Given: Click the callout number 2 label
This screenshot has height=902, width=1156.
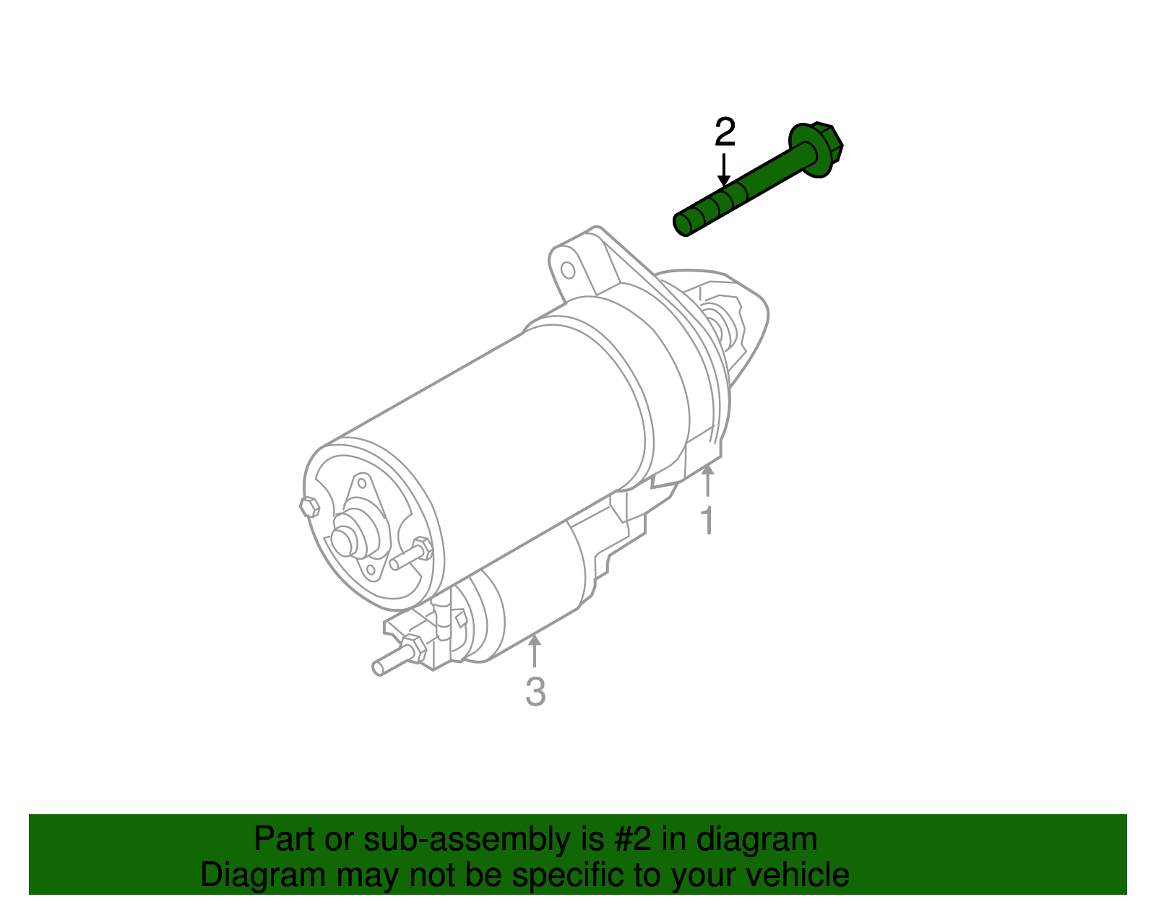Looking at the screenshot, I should pyautogui.click(x=725, y=132).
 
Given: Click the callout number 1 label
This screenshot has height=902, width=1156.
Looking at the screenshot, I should pyautogui.click(x=708, y=521).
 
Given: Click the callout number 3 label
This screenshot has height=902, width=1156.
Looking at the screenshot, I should pyautogui.click(x=535, y=692).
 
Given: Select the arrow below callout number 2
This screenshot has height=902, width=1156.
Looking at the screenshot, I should pyautogui.click(x=723, y=170).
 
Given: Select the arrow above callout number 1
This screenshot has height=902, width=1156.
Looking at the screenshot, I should pyautogui.click(x=708, y=480).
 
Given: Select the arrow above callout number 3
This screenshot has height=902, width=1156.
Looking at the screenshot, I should pyautogui.click(x=535, y=649).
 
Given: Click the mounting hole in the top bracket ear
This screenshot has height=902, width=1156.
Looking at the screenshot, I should pyautogui.click(x=568, y=270).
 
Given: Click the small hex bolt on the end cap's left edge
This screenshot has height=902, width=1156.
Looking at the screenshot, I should pyautogui.click(x=309, y=507).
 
